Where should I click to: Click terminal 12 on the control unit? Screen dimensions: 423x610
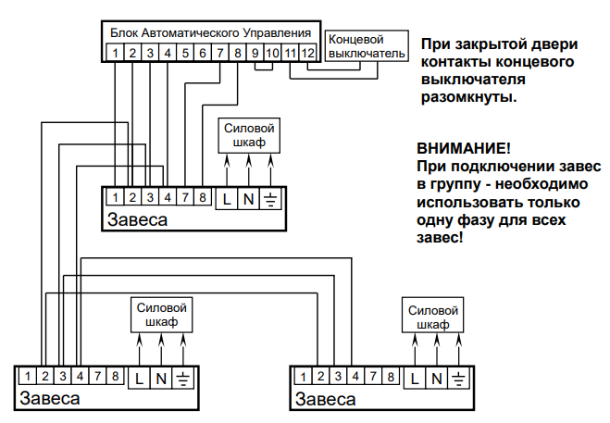click(x=309, y=54)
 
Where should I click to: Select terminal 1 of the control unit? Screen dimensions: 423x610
click(x=115, y=54)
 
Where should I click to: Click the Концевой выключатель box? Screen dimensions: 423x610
click(x=367, y=46)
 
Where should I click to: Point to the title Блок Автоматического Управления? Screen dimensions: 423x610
click(x=211, y=33)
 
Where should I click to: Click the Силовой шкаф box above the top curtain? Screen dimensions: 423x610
click(x=249, y=135)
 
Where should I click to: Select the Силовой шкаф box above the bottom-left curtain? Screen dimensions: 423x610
click(x=162, y=315)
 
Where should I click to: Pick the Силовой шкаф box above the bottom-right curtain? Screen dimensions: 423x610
click(x=434, y=315)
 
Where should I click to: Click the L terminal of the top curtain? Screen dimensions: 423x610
click(x=227, y=197)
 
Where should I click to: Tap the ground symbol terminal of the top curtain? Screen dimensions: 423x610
click(x=271, y=197)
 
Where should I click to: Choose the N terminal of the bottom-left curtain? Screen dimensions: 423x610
click(x=161, y=378)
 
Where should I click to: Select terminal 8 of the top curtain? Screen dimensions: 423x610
click(x=202, y=197)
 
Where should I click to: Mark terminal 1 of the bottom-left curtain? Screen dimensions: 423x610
click(x=28, y=377)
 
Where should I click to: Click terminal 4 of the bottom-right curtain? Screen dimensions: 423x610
click(x=356, y=377)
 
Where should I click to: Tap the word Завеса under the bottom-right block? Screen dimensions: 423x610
click(x=325, y=400)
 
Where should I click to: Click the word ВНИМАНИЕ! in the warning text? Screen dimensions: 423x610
click(x=463, y=148)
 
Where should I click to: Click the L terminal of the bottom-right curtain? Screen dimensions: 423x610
click(x=414, y=378)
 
